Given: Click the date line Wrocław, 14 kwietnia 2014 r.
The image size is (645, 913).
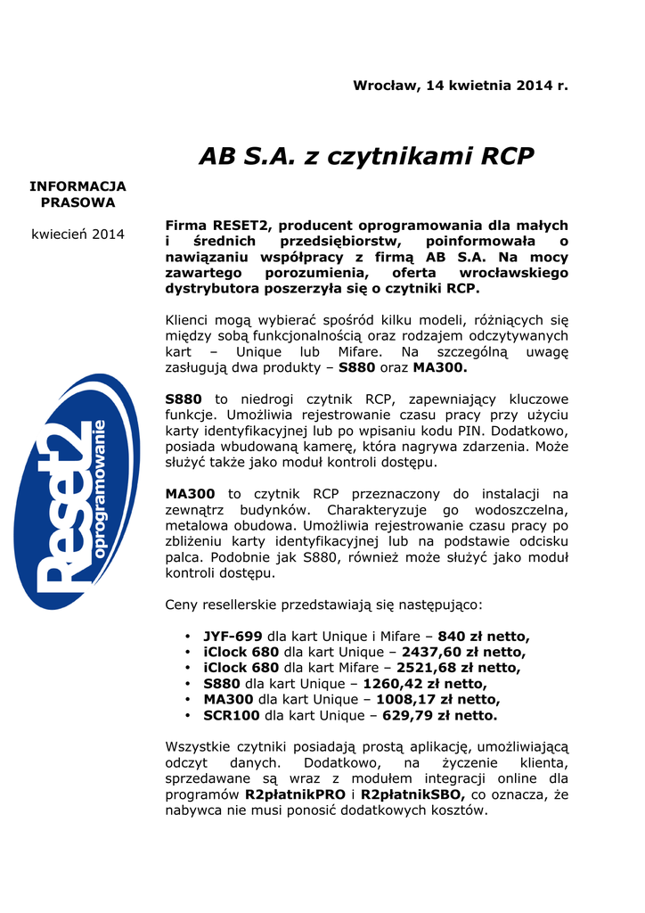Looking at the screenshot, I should [460, 86].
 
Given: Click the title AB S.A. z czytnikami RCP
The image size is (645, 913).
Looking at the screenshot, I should [366, 156].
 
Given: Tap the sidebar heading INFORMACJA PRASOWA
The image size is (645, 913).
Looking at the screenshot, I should [78, 194].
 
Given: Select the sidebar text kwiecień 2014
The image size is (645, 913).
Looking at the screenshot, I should [78, 234].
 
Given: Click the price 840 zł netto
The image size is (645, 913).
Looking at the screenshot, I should [484, 636].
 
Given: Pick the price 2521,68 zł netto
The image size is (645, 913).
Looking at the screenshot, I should [459, 667].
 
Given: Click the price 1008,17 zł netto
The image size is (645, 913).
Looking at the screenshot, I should [437, 699].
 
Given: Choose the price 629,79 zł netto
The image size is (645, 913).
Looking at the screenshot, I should [439, 715].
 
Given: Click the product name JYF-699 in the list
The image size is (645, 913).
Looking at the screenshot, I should [233, 636].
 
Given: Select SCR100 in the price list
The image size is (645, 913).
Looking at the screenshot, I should [232, 715].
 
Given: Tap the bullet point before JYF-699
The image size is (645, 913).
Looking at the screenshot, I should [187, 637].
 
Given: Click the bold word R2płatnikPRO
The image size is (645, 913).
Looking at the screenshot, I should [296, 794].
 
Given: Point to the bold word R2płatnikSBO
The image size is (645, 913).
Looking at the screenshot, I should [412, 794].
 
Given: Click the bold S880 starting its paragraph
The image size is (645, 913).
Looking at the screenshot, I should [184, 399].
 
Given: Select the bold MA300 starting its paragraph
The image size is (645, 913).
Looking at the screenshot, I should [191, 493].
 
